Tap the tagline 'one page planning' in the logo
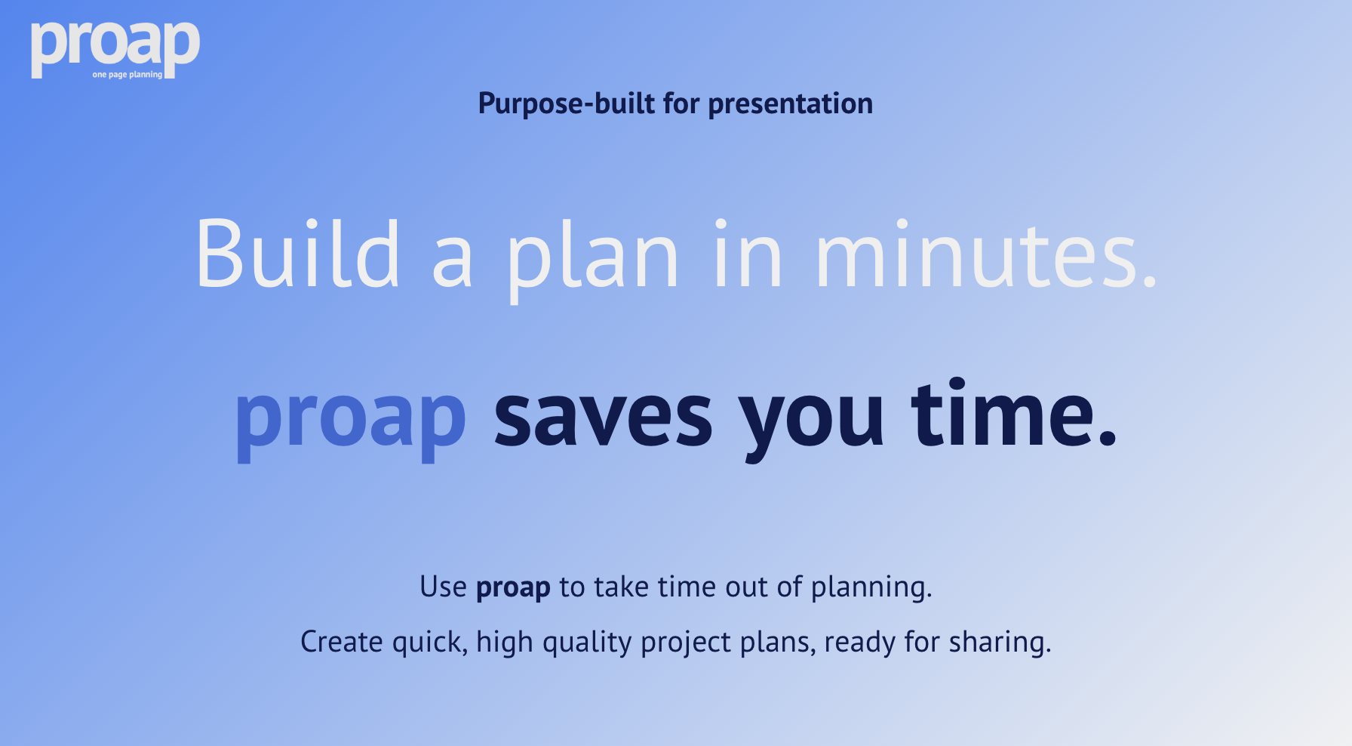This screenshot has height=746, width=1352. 127,75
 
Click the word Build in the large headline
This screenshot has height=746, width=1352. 297,254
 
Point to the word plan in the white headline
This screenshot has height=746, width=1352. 593,257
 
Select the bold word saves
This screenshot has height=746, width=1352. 603,418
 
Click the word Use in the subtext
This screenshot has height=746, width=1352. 443,587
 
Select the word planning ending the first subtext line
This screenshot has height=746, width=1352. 871,587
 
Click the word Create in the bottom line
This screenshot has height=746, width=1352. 342,642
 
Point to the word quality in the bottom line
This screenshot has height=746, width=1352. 587,643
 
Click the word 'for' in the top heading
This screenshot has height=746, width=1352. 681,103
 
